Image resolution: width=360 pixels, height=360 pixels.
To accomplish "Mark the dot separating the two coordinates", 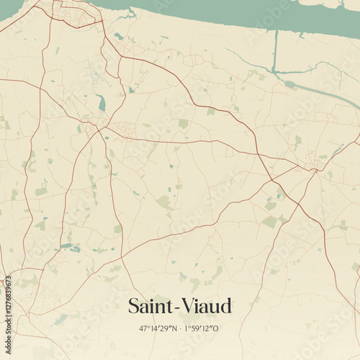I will tap(180, 328).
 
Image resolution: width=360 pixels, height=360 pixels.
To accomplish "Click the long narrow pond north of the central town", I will tap(102, 103).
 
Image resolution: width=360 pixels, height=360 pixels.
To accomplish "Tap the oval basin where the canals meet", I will tap(289, 84).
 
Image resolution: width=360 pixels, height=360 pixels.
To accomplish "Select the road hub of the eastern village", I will tap(314, 169).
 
